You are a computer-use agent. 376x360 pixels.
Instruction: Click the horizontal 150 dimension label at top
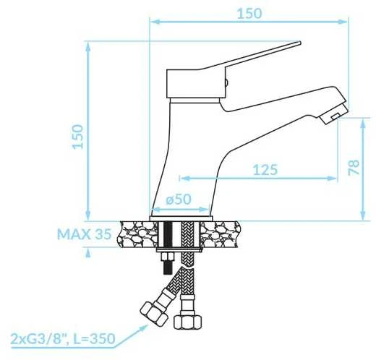click(x=249, y=14)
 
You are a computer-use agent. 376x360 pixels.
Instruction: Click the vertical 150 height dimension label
click(x=78, y=137)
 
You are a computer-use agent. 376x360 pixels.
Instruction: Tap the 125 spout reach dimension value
click(x=265, y=170)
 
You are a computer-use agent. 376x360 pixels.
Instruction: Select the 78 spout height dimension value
click(x=354, y=167)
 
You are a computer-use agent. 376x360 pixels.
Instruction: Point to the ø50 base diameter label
click(x=179, y=200)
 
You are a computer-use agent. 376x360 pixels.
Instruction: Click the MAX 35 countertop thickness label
click(x=85, y=233)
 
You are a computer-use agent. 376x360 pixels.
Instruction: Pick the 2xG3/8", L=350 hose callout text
click(x=63, y=338)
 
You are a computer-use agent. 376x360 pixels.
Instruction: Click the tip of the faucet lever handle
click(x=299, y=43)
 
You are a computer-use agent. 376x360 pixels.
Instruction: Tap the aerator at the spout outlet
click(x=334, y=114)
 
